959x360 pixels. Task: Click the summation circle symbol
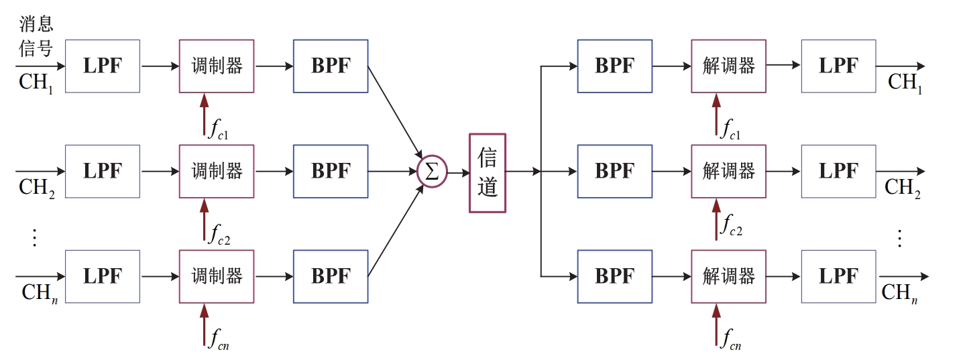coord(432,172)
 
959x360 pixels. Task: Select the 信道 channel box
coord(487,173)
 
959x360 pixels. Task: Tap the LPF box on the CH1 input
coord(102,66)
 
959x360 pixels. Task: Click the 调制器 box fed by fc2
coord(216,171)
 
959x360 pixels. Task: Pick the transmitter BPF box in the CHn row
coord(330,276)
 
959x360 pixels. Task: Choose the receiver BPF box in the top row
coord(614,66)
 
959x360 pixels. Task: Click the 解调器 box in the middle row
coord(728,171)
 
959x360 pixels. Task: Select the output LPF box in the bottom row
coord(838,276)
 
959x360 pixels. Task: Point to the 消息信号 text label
coord(36,37)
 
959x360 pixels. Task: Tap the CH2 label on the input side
coord(37,188)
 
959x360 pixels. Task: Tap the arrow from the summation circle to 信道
coord(458,172)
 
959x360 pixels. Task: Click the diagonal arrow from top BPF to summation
coord(395,111)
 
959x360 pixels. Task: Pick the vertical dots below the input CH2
coord(36,237)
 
